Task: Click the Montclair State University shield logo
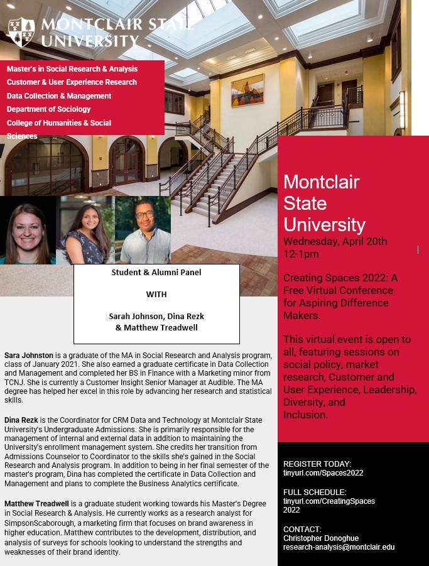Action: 21,32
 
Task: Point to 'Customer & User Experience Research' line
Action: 72,82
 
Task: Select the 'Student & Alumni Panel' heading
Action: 156,273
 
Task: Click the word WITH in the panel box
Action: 156,294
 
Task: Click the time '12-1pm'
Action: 301,254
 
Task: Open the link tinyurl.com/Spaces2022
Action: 323,473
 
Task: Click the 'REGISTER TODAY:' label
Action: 317,464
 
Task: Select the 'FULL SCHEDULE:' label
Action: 315,493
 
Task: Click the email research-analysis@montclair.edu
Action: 339,547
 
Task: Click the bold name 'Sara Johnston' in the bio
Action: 29,356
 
